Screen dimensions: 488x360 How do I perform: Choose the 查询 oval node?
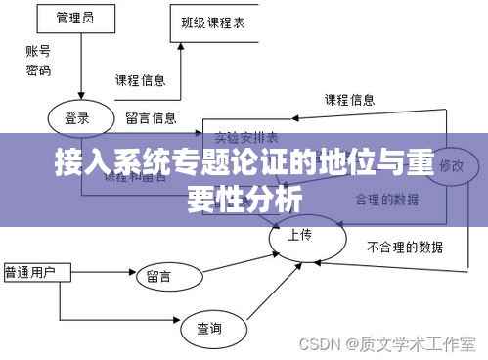209,327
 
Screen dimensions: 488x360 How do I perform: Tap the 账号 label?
38,52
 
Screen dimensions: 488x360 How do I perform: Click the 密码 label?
38,70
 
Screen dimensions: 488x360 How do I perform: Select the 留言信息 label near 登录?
151,119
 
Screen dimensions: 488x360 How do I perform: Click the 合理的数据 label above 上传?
386,200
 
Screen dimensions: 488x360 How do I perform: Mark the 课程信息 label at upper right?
349,99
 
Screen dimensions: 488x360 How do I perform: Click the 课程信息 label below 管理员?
140,80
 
